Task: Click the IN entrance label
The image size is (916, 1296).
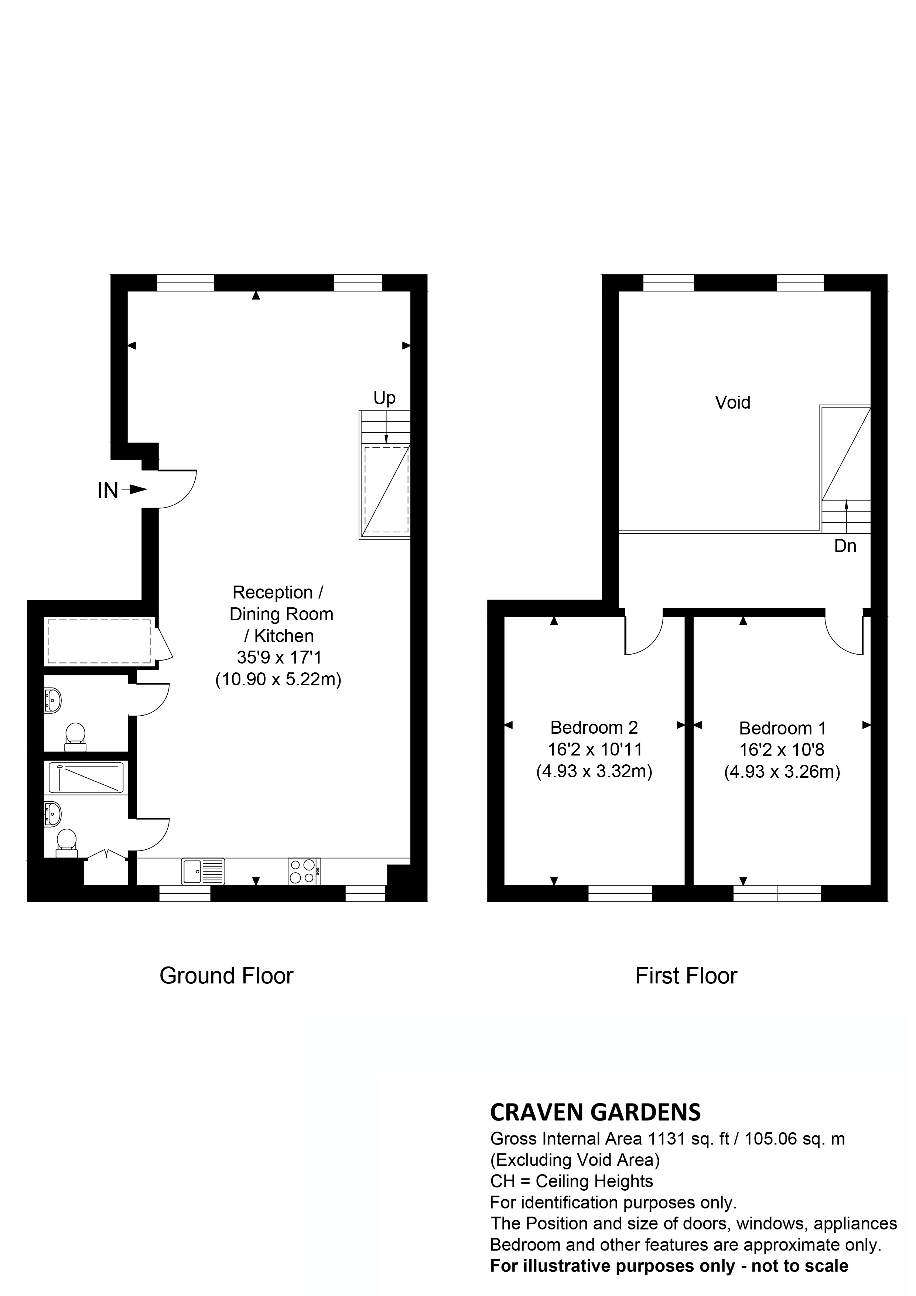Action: pos(108,491)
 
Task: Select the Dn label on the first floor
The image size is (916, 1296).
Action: pos(845,546)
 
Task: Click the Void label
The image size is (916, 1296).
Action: pos(732,402)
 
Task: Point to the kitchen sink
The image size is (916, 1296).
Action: pos(203,871)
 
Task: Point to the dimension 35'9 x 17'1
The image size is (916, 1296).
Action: pos(279,658)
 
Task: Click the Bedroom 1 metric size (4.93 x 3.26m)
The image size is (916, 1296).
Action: pos(782,772)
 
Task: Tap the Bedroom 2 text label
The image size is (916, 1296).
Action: pos(594,727)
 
